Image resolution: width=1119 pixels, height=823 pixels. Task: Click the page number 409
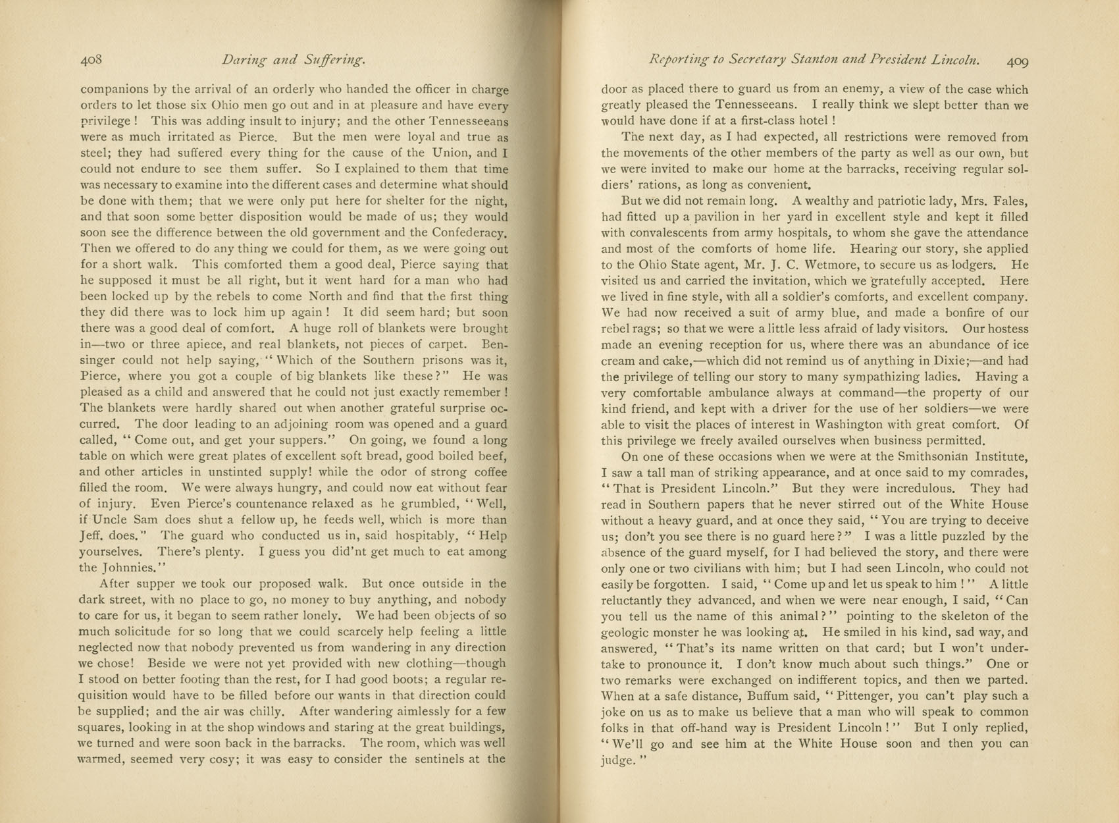coord(1016,61)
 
